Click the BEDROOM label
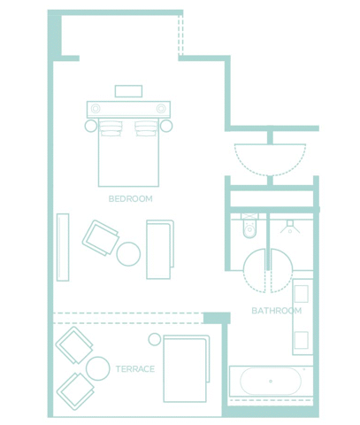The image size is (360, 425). coord(131,199)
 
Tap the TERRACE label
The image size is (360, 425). coord(135,369)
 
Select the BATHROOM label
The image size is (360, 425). coord(277,311)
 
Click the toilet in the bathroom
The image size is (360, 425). coord(249,226)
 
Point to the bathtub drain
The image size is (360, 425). coord(271,382)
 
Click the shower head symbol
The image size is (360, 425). coord(290,227)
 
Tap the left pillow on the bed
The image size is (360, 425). coord(111,128)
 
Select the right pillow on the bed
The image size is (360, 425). coord(146,128)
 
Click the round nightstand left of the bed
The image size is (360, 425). coord(91,126)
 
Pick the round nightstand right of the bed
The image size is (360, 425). coord(166,126)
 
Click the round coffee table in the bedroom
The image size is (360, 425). coord(128,254)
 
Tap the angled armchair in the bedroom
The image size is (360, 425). coord(100,237)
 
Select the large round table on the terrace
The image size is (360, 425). coord(98,368)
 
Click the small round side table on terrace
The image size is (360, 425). coord(155,339)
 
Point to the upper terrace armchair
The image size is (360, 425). coord(74,345)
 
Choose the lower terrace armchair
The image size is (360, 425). coord(75,391)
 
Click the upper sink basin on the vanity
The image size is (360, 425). coord(302,294)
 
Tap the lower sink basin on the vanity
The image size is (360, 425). coord(302,340)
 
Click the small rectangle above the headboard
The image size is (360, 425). coord(128,91)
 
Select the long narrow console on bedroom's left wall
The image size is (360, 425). coord(63,247)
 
